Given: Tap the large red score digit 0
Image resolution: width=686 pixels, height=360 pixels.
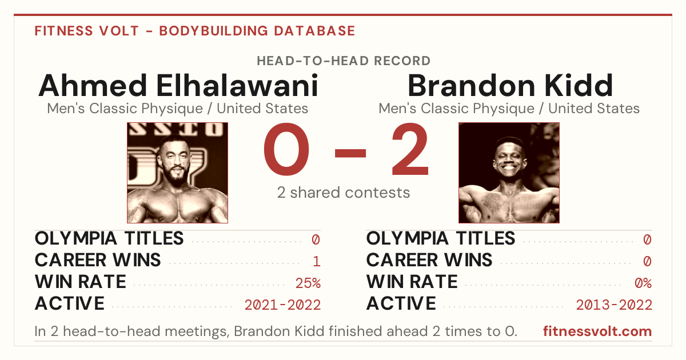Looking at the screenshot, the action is [x=286, y=149].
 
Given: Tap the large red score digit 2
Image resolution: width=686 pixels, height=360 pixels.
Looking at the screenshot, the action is [x=410, y=149].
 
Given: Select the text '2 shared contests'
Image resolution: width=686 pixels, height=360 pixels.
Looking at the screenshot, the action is [x=344, y=193].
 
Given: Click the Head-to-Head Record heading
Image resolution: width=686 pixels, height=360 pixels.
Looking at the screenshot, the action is [x=344, y=61].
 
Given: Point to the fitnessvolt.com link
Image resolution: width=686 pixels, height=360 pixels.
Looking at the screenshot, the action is [x=597, y=331].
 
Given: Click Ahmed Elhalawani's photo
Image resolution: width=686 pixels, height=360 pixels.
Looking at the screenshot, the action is [x=177, y=173].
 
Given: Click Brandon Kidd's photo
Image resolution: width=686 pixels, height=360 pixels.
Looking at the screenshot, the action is [x=509, y=173].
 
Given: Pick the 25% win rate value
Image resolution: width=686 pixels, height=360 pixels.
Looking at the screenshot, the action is [x=308, y=283].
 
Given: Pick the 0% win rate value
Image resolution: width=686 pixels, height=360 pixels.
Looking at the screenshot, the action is [x=643, y=283].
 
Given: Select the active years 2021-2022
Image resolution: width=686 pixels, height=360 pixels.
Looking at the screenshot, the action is [x=282, y=305].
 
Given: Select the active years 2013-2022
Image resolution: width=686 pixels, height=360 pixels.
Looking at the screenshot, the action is [x=614, y=305].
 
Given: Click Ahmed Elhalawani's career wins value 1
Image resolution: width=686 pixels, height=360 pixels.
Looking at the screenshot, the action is [x=317, y=262].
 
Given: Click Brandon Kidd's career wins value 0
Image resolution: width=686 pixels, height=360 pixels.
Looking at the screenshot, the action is [x=647, y=262].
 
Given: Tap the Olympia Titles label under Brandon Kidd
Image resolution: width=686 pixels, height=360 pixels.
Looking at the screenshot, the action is [x=441, y=238].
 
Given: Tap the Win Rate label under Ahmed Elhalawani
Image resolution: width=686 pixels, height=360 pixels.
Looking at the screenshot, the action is [x=80, y=282].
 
